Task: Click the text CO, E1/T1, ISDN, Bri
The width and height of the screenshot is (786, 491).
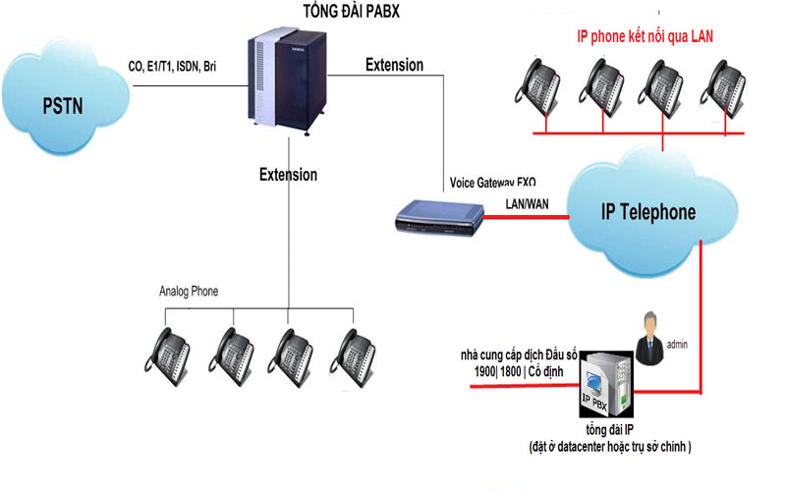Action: coord(173,67)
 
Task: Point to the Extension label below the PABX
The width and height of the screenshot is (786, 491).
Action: coord(288,175)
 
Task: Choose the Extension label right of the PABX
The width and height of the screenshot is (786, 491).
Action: coord(394,65)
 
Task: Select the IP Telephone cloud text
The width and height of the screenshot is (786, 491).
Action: coord(647,212)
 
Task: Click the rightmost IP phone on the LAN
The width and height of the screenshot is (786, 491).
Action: coord(725,82)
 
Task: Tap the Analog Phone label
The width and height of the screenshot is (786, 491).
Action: coord(189,292)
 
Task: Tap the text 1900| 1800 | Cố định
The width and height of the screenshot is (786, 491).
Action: coord(520,371)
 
